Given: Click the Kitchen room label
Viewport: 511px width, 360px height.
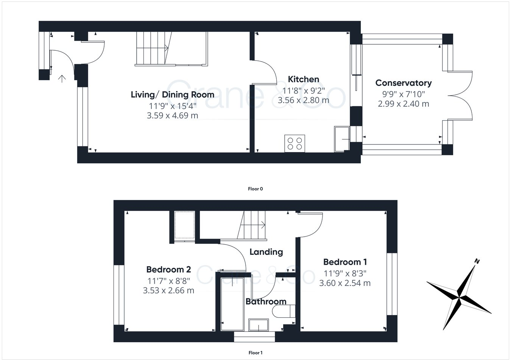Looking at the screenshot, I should point(303,79).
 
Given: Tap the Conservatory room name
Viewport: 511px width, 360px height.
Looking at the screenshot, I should point(403,83).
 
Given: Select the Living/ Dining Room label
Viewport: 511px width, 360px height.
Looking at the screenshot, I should point(172,95).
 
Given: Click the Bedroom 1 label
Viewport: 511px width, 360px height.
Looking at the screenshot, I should point(345,262).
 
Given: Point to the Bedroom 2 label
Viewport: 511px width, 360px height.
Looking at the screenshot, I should point(168,269).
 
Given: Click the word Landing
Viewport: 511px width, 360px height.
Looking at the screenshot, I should point(266,252).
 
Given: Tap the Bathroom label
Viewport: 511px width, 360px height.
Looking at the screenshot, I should point(266,301).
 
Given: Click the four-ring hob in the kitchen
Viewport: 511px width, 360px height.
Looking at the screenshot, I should point(295,144).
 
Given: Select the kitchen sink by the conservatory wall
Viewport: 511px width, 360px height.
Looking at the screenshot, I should point(342,139).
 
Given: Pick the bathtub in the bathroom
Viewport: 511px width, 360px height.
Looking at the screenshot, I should point(232,304).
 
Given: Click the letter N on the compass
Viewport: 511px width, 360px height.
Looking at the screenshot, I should point(477,261).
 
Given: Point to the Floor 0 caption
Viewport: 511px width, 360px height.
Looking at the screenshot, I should point(255,189).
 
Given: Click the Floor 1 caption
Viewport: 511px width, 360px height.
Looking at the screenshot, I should point(255,353).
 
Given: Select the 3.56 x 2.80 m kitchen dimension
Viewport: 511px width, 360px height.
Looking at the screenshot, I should point(303,100).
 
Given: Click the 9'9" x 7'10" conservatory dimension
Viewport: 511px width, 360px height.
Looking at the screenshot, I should point(403,94).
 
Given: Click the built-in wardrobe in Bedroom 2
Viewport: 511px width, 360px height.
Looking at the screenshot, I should point(184,225).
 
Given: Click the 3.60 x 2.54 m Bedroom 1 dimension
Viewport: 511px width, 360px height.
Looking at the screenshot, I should point(345,283).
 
